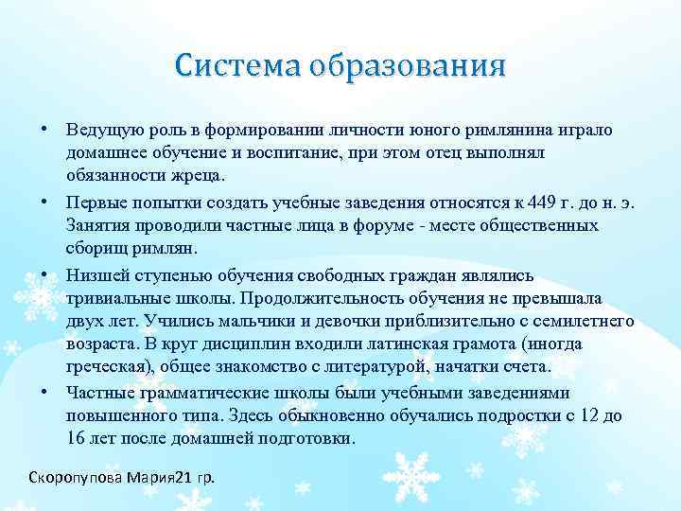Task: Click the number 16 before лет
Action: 76,439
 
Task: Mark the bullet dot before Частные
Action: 45,392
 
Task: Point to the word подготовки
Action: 307,439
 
